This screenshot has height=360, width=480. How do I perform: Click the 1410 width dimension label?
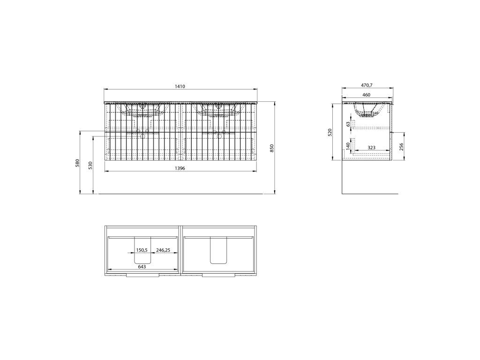tap(180, 87)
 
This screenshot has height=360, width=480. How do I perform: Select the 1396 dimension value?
tap(180, 168)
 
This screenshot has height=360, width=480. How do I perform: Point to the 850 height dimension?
tap(272, 148)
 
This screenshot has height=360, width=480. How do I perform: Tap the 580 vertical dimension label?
tap(77, 163)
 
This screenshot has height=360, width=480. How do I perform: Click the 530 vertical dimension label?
tap(90, 165)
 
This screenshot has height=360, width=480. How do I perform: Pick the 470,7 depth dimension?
tap(367, 85)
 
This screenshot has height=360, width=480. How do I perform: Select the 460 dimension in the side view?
tap(367, 95)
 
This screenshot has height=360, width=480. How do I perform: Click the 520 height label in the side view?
tap(330, 132)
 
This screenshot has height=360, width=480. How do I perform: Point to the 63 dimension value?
tap(348, 124)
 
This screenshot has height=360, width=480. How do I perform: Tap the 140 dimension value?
tap(348, 146)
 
